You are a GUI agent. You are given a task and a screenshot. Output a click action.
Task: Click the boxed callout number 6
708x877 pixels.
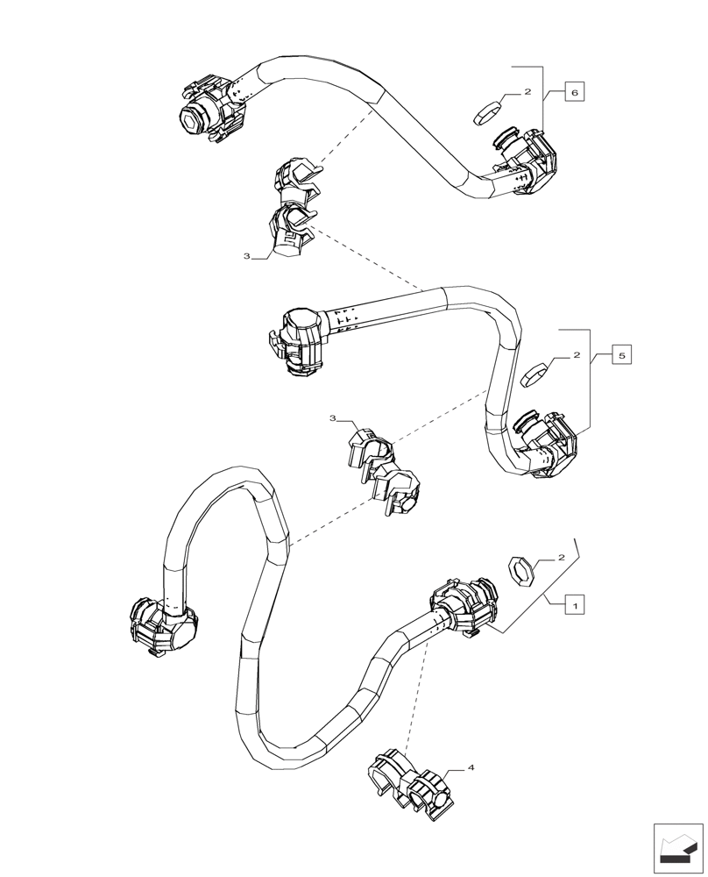[573, 92]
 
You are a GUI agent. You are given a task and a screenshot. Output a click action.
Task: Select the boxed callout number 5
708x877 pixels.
[621, 356]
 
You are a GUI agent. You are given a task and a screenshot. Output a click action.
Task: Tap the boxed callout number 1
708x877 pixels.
[575, 605]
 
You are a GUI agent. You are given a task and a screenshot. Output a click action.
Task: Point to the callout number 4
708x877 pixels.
[471, 768]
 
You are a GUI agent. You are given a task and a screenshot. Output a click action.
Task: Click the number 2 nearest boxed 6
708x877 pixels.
[527, 92]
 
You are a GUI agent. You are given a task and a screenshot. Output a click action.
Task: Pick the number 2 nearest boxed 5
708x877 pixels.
[577, 356]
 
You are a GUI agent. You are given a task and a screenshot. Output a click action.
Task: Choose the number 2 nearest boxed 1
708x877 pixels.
[562, 558]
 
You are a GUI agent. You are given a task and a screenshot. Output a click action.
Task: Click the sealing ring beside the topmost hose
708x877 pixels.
[487, 112]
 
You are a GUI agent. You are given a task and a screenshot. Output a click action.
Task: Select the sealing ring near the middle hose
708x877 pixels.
[535, 374]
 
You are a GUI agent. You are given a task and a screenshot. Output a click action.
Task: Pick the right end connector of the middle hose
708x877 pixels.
[546, 444]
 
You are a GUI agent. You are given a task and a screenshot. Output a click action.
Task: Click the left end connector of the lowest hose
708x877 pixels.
[162, 624]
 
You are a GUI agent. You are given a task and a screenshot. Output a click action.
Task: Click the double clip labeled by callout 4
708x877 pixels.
[410, 782]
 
